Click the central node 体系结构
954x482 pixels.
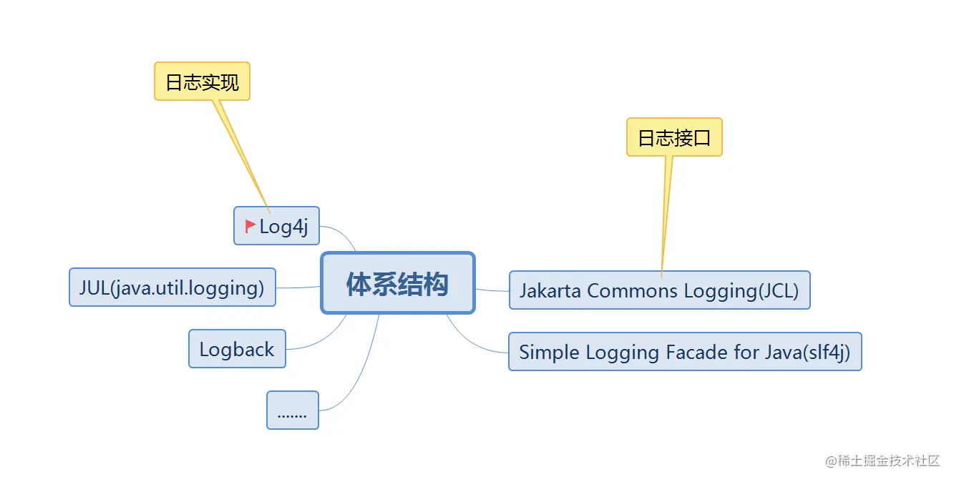click(398, 283)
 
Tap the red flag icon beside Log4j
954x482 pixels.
click(250, 226)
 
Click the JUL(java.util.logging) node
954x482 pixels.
click(172, 287)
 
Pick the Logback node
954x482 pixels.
click(237, 349)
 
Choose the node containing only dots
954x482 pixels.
click(292, 410)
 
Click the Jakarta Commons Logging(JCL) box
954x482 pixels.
click(659, 290)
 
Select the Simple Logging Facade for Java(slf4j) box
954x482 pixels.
click(684, 352)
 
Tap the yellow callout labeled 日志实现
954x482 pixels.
click(202, 82)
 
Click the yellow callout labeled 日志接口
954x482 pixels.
click(674, 137)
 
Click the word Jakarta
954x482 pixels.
click(550, 290)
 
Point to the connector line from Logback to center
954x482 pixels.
click(322, 340)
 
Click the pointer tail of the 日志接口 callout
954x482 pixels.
click(666, 215)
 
